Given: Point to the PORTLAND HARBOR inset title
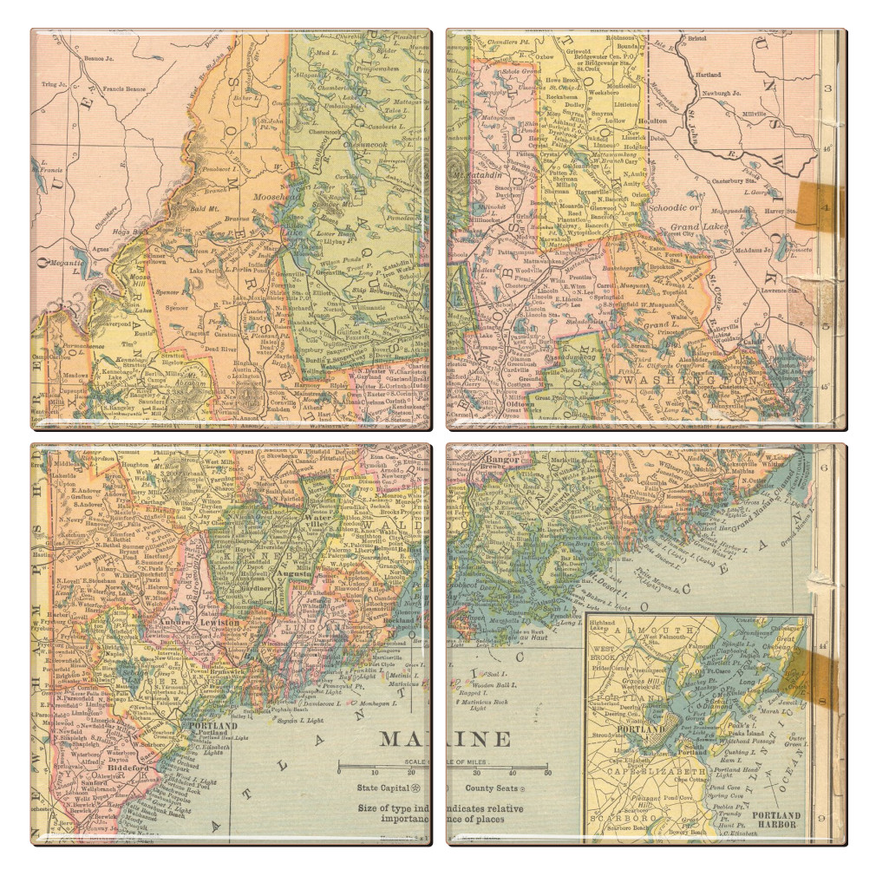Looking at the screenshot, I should pyautogui.click(x=776, y=819).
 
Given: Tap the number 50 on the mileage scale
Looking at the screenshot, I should pyautogui.click(x=546, y=772).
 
